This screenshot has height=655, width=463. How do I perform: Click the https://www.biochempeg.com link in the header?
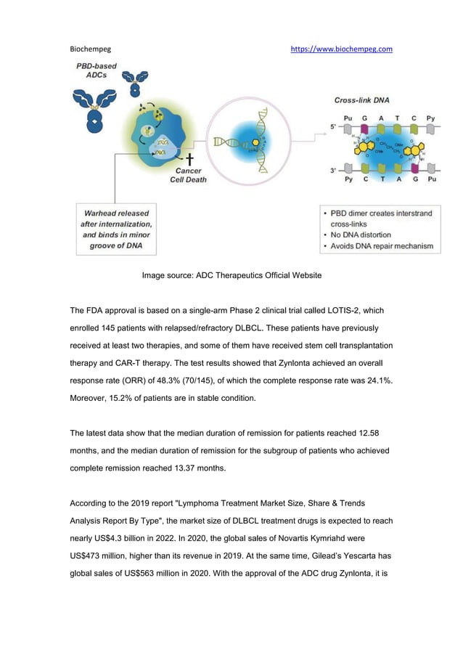(341, 49)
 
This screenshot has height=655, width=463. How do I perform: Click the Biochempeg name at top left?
(90, 49)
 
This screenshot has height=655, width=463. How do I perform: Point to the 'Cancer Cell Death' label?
(189, 174)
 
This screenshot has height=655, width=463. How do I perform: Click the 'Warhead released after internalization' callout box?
(115, 229)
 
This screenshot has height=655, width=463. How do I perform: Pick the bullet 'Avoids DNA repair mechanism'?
(381, 246)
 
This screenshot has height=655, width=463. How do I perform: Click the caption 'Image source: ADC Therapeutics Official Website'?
(231, 275)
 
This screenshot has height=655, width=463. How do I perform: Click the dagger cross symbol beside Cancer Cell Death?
(189, 158)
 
